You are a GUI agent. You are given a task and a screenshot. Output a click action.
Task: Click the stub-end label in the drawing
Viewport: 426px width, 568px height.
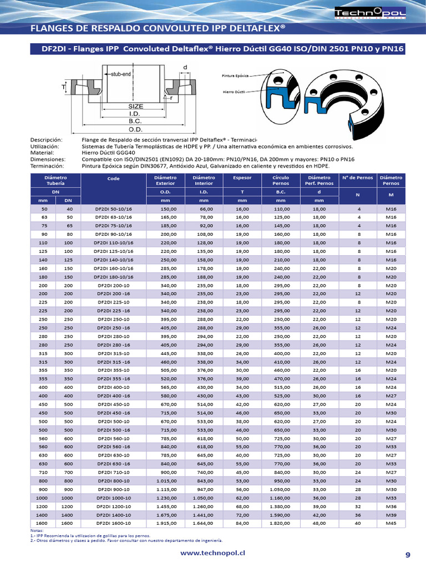121,74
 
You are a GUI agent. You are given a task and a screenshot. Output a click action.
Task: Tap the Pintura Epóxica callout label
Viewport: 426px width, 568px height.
235,74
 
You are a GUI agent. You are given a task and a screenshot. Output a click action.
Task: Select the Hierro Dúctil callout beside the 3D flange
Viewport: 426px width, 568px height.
234,92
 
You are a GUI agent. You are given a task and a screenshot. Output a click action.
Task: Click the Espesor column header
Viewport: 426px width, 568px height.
242,178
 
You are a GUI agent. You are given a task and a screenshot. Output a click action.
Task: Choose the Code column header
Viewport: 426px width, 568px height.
113,179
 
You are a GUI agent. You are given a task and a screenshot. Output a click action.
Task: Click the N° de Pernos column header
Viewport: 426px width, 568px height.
357,177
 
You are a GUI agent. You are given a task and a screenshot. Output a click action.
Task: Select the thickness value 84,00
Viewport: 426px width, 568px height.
242,523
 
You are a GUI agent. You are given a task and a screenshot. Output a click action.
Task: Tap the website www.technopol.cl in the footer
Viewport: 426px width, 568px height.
214,554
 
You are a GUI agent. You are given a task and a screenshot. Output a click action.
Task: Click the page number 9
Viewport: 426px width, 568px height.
408,555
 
